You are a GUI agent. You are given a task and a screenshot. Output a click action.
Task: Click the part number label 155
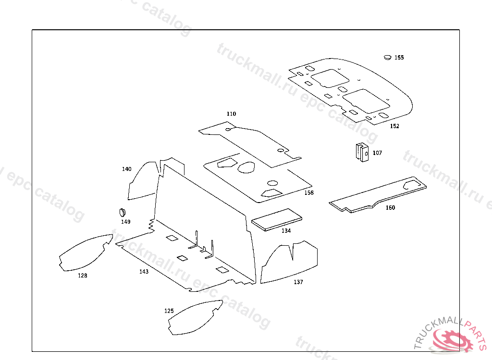click(399, 58)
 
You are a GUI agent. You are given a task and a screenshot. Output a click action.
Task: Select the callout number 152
click(394, 126)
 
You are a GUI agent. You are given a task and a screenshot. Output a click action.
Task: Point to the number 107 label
click(377, 153)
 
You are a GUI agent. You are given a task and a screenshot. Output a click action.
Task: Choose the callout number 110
click(232, 114)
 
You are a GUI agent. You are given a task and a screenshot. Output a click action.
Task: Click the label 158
click(309, 193)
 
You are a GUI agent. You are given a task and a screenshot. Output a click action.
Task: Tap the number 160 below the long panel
click(391, 208)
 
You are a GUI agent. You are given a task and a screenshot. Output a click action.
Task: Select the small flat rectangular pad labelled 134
click(277, 219)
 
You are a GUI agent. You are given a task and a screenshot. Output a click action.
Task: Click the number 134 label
click(286, 231)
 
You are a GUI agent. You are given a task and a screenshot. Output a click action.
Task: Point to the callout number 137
click(298, 282)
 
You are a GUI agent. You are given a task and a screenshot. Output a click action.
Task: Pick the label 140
click(126, 169)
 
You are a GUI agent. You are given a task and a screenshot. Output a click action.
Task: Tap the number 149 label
click(125, 222)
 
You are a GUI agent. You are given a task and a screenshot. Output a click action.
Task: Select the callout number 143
click(144, 272)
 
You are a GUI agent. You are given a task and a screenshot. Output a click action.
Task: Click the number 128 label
click(83, 276)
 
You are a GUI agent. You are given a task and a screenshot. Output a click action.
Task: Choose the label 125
click(169, 311)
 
